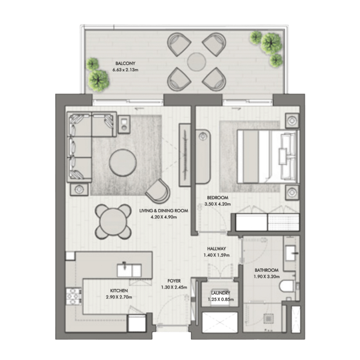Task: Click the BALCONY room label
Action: point(125,63)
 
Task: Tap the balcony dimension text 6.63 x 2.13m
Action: point(125,70)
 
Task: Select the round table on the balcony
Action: point(196,62)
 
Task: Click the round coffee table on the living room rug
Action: point(123,163)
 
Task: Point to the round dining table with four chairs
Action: point(113,222)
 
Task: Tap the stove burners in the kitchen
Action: point(74,296)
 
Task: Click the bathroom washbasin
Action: point(291,253)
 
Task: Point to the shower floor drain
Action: point(268,318)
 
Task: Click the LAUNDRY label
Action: point(221,293)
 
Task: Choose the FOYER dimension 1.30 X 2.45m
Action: point(174,287)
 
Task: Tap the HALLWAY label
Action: point(217,249)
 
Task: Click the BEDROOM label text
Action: point(218,197)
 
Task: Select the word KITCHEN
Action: point(119,291)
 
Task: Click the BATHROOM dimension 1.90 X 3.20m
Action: point(267,276)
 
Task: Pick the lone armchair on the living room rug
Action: point(159,191)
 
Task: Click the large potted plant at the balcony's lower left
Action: point(99,80)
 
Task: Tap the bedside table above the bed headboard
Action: point(292,121)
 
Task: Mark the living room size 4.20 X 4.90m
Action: point(164,217)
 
